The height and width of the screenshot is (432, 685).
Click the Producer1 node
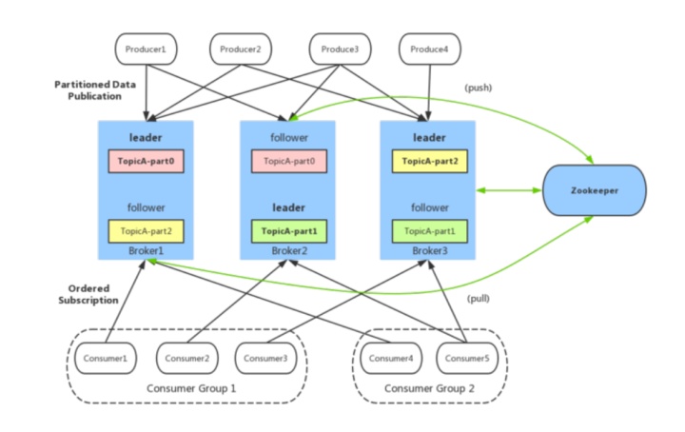coord(146,49)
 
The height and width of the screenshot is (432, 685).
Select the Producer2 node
coord(241,49)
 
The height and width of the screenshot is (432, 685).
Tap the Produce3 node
coord(340,49)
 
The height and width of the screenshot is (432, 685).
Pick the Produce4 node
coord(429,49)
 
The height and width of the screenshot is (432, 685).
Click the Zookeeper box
coord(594,190)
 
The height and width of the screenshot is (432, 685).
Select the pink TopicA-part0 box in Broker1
coord(146,161)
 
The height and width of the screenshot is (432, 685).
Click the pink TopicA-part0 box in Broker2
coord(289,161)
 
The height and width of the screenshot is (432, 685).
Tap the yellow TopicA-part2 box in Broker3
coord(430,161)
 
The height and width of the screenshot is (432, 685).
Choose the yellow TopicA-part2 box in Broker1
coord(146,231)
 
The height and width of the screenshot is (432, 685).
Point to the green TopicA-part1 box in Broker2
coord(289,231)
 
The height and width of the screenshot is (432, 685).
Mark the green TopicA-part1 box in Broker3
coord(430,231)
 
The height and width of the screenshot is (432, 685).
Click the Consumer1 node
coord(106,358)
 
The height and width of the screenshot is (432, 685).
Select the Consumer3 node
coord(265,358)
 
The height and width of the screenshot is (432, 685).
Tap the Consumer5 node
coord(467,358)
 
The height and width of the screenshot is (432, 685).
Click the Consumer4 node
coord(391,358)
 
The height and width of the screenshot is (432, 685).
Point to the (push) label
coord(479,88)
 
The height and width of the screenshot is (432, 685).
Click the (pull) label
coord(479,299)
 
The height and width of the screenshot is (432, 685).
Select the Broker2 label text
coord(289,250)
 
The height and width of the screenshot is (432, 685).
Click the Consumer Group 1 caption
coord(191,388)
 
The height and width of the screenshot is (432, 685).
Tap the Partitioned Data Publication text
coord(95,90)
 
